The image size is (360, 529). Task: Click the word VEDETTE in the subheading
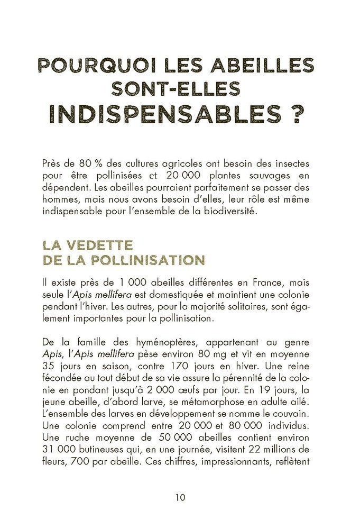[100, 245]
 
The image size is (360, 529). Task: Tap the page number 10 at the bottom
[180, 497]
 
